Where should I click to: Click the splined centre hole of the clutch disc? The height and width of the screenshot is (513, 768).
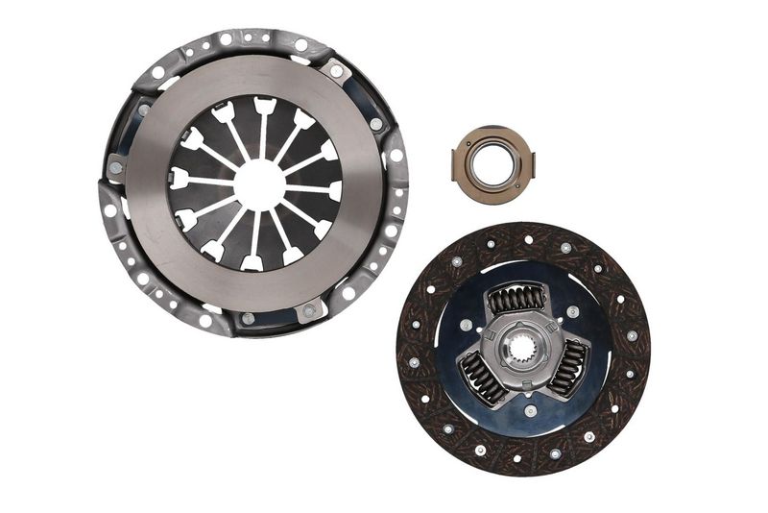[522, 348]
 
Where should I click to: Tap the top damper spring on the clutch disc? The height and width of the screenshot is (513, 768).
[516, 300]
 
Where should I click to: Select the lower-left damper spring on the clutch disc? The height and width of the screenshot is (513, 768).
[480, 375]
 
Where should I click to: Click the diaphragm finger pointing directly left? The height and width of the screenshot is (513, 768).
[180, 177]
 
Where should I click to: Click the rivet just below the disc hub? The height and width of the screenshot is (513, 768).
[530, 410]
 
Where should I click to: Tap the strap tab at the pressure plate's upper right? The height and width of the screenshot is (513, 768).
[335, 69]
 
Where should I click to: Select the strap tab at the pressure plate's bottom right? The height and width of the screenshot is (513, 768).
[309, 310]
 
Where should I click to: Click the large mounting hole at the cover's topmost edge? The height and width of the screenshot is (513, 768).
[227, 39]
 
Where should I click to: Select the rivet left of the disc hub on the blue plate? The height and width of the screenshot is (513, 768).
[466, 325]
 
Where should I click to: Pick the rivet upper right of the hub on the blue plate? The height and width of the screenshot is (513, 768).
[573, 311]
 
